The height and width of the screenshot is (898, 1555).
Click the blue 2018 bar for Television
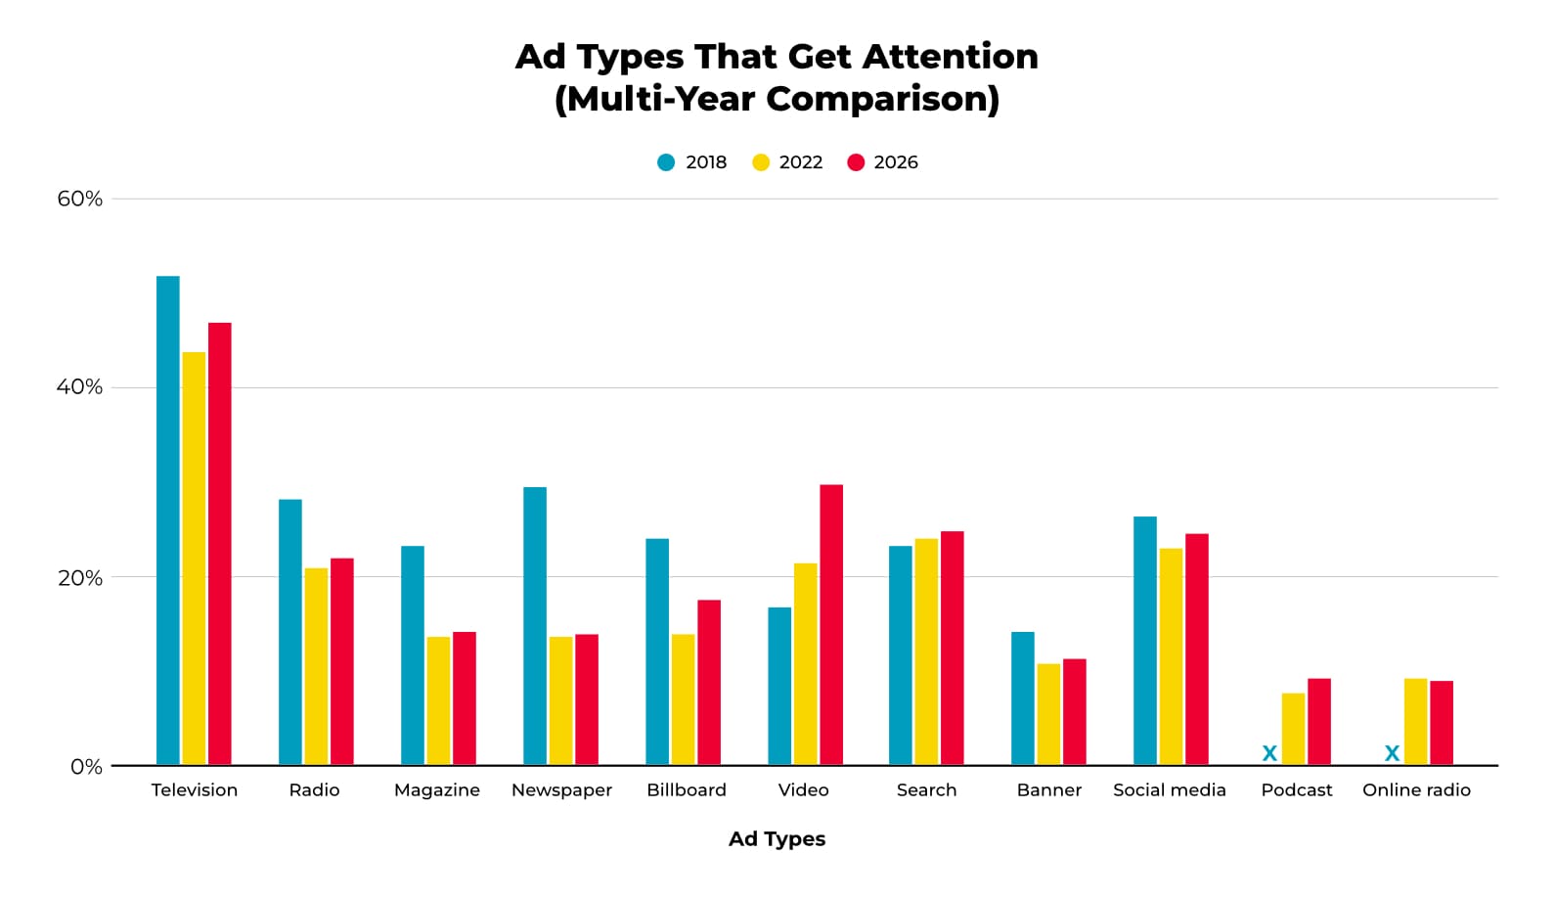pos(168,520)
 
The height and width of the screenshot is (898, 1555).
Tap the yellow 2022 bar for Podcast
pos(1293,729)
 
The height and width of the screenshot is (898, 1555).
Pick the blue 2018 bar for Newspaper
pos(535,626)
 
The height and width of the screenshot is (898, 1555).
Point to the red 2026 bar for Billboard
pos(709,682)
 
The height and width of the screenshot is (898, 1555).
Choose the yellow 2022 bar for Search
pos(926,651)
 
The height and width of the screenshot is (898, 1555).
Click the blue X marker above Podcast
pos(1269,753)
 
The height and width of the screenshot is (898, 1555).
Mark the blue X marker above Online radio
pos(1392,753)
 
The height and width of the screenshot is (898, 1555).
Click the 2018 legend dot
pos(666,162)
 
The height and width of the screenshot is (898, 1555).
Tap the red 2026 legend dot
pos(856,162)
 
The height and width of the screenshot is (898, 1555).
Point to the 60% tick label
pos(79,199)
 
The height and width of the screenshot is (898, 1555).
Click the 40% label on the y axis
pos(79,387)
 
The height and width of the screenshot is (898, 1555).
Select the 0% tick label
pos(86,767)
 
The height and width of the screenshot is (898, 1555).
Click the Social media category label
pos(1169,790)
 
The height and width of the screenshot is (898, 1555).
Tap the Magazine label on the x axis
pos(436,790)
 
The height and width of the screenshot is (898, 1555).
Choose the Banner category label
pos(1048,790)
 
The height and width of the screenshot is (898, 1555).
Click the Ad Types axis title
pos(777,839)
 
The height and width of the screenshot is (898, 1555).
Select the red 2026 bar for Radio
pos(342,661)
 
